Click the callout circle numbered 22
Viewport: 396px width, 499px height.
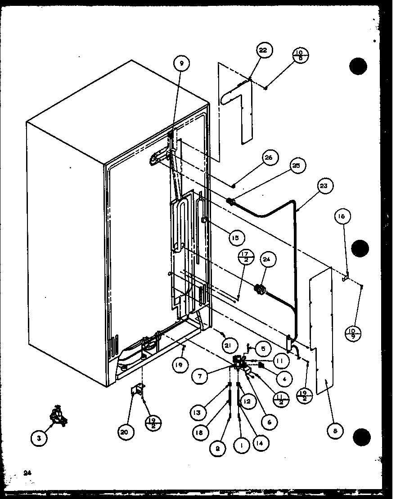tap(263, 50)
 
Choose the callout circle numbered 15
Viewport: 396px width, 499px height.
tap(235, 237)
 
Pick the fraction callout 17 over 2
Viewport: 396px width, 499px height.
tap(247, 257)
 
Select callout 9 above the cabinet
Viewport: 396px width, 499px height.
tap(181, 63)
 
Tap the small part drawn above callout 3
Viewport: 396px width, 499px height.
tap(59, 416)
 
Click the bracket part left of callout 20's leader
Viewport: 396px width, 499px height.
tap(136, 390)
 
